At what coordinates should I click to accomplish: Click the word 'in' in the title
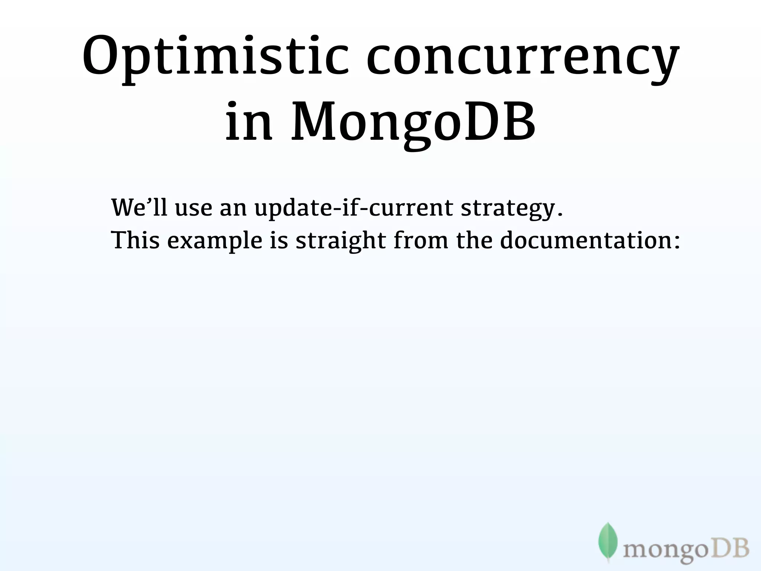(249, 121)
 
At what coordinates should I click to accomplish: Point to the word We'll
(139, 207)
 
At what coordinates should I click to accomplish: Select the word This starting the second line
(136, 240)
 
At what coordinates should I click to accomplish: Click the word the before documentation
(474, 240)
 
